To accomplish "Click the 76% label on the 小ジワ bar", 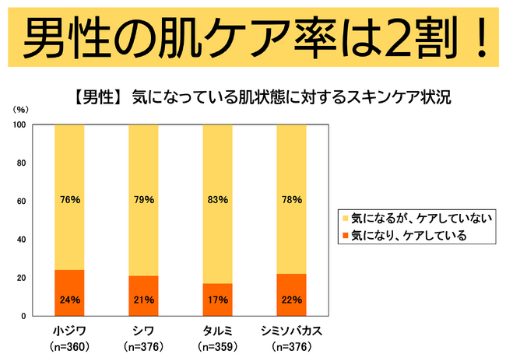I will click(x=69, y=199).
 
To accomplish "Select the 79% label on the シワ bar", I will click(x=143, y=199).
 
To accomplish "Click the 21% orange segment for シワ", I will click(x=143, y=296).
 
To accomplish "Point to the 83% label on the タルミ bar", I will click(x=217, y=199).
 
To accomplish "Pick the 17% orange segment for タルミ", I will click(x=217, y=300).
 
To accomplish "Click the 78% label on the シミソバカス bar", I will click(x=291, y=199).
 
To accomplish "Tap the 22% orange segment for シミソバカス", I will click(x=291, y=295).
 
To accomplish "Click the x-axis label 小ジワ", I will click(x=69, y=330).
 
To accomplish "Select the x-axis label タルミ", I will click(x=217, y=330).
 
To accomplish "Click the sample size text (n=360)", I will click(x=69, y=345).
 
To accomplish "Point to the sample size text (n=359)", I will click(x=217, y=345).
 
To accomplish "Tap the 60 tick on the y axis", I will click(x=21, y=201).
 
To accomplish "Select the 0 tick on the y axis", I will click(x=23, y=316).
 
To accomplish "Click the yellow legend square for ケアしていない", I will click(x=343, y=219).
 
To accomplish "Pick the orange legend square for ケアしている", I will click(x=343, y=235).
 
